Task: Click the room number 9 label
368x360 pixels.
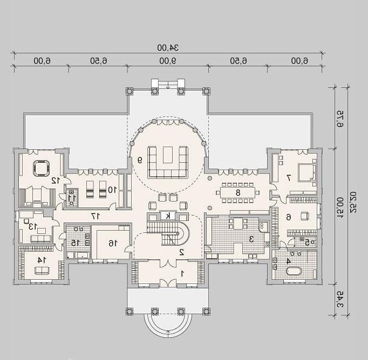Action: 140,160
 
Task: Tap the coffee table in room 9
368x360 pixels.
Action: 168,155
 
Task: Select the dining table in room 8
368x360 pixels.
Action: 238,192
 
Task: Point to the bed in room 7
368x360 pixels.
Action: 307,173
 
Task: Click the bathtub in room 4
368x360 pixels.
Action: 294,271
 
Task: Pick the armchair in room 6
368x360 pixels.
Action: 305,216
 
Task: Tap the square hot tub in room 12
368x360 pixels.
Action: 42,168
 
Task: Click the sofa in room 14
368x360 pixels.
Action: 42,271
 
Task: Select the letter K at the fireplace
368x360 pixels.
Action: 168,216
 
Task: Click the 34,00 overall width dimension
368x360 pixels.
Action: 168,47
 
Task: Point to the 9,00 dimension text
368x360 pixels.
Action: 168,61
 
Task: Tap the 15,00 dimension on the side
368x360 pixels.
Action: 340,207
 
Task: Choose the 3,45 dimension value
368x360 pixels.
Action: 340,299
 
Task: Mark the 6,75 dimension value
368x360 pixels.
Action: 340,119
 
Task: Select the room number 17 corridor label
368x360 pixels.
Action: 96,216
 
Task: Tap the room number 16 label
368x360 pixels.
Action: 113,243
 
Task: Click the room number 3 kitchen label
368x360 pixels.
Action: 251,239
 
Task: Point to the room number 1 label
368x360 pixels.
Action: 182,273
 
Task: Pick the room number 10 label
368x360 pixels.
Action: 112,190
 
